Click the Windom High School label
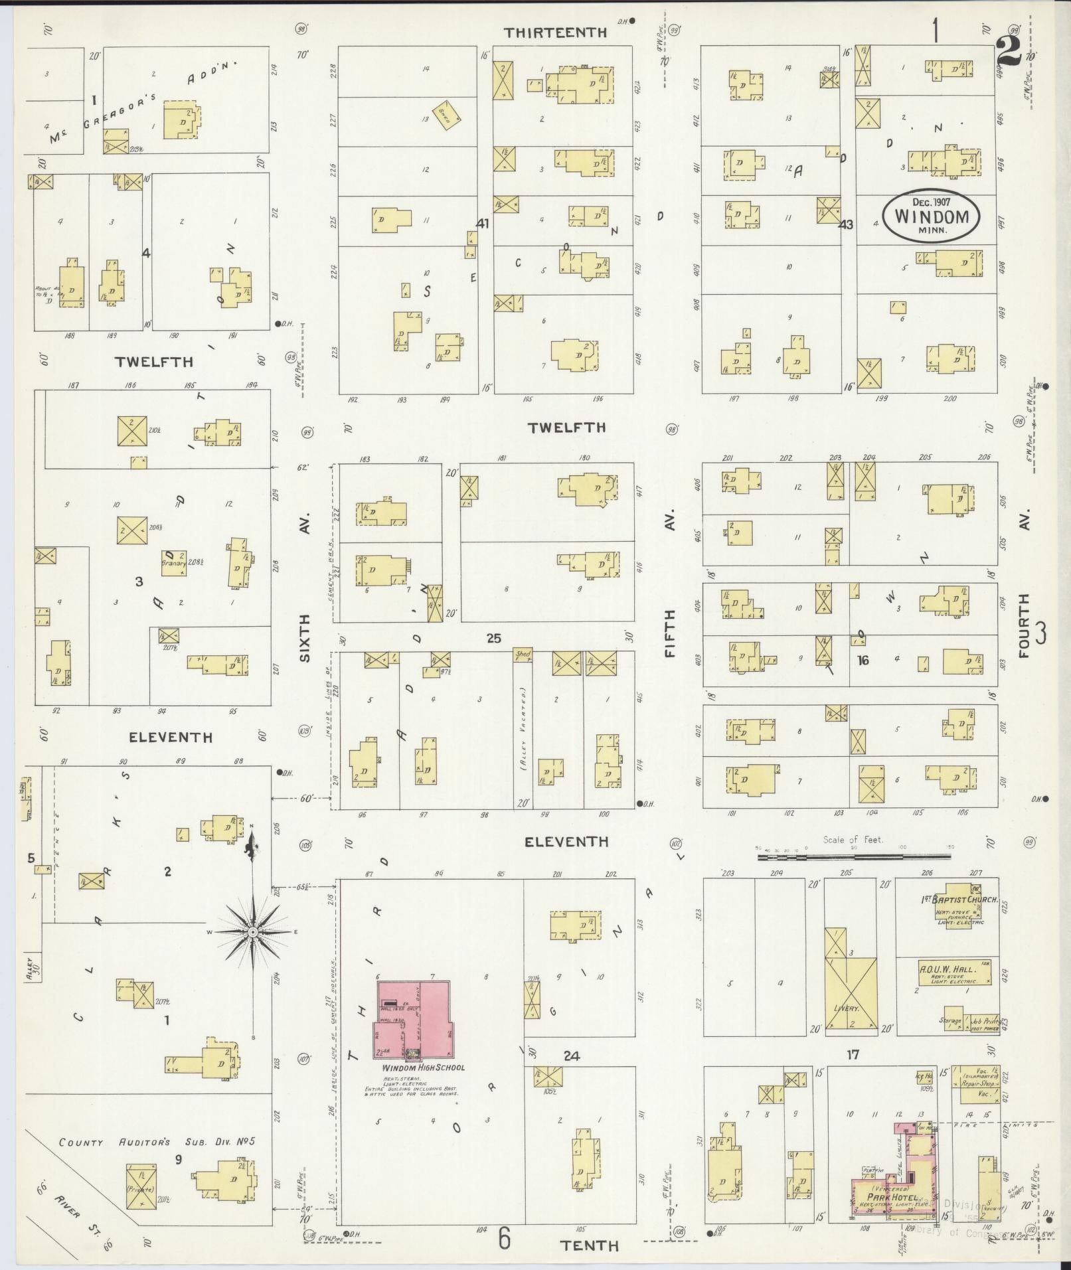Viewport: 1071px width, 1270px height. pyautogui.click(x=424, y=1068)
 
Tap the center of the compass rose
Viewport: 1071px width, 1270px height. pyautogui.click(x=252, y=932)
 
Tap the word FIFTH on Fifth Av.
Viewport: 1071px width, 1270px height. pyautogui.click(x=669, y=633)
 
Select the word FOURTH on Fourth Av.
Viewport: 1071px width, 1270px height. pyautogui.click(x=1023, y=625)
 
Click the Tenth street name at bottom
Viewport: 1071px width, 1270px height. pyautogui.click(x=590, y=1245)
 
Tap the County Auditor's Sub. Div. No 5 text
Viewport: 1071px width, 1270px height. pyautogui.click(x=157, y=1142)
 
